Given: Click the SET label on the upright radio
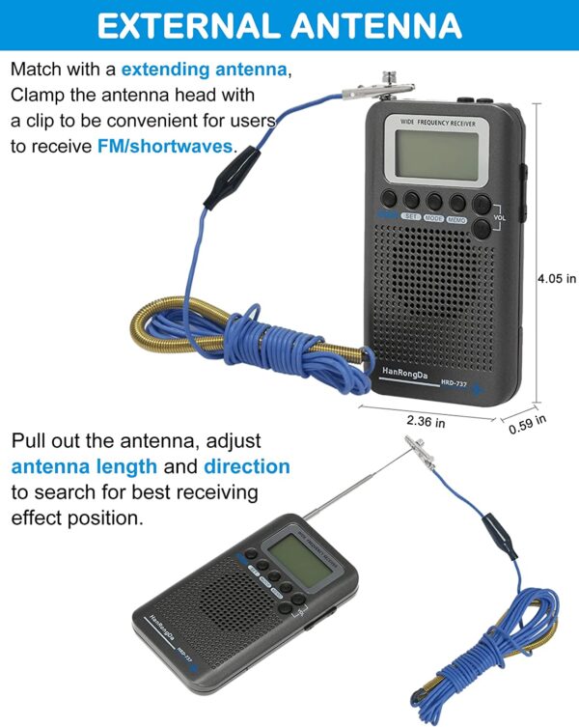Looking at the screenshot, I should (410, 218).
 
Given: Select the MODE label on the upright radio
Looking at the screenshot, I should (433, 219).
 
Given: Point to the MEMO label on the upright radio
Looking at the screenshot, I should (456, 219).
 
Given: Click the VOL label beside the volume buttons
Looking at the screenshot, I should (499, 218).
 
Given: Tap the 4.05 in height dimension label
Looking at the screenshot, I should (557, 278).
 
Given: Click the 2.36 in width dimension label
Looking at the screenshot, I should (426, 421).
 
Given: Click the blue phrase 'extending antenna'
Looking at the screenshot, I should (204, 70).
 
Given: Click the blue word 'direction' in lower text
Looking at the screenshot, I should (246, 466).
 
